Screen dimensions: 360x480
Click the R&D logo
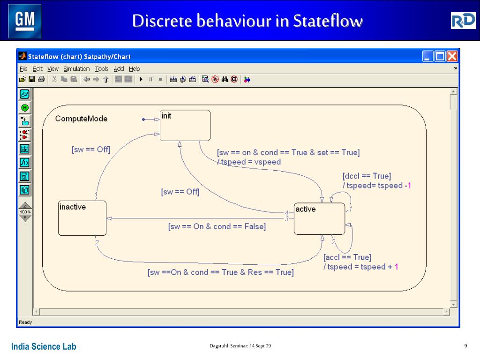click(463, 21)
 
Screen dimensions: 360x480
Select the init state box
click(185, 125)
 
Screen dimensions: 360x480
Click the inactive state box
click(82, 218)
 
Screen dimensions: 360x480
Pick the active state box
click(319, 219)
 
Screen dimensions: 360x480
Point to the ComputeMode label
click(81, 119)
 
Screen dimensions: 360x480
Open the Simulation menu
click(76, 69)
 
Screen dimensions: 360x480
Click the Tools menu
click(102, 69)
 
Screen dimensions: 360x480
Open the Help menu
click(135, 69)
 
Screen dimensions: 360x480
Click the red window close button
click(452, 57)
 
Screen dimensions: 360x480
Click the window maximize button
click(440, 57)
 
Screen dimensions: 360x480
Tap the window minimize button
click(427, 57)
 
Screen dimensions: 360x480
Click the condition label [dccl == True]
click(367, 176)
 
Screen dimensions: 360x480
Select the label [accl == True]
click(347, 257)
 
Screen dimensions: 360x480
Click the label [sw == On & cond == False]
click(217, 227)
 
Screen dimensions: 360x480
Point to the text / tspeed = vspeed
click(249, 162)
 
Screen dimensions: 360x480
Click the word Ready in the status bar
click(25, 322)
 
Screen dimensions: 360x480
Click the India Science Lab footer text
click(44, 347)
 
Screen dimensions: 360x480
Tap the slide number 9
click(465, 346)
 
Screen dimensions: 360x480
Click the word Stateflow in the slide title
click(328, 21)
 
